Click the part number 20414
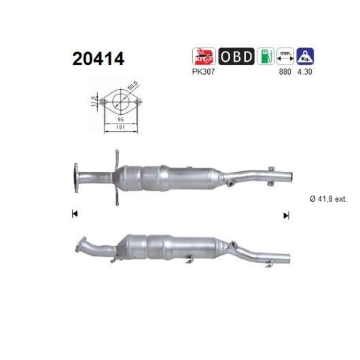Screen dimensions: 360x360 click(x=98, y=59)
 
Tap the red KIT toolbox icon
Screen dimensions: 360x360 click(x=204, y=56)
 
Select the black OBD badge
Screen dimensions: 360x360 click(x=236, y=56)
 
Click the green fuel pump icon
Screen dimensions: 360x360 click(x=266, y=56)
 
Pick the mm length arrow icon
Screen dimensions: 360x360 click(x=285, y=56)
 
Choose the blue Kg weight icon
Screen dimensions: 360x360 click(x=305, y=56)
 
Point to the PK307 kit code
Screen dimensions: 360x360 click(x=203, y=71)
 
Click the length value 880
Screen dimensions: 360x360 click(x=285, y=71)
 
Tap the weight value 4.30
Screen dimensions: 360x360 click(x=305, y=71)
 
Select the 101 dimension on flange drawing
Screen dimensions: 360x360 click(x=121, y=127)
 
